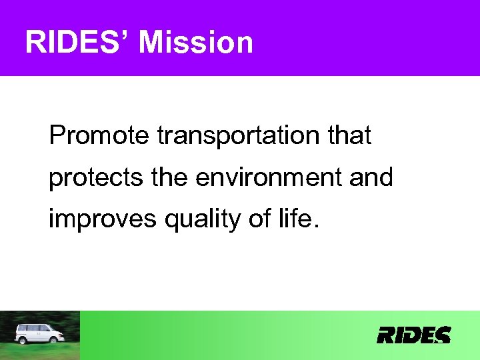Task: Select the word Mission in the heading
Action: [197, 43]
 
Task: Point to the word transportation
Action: [237, 136]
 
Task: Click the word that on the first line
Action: [348, 136]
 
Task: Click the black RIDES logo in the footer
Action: [413, 335]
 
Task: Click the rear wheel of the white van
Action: [23, 340]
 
